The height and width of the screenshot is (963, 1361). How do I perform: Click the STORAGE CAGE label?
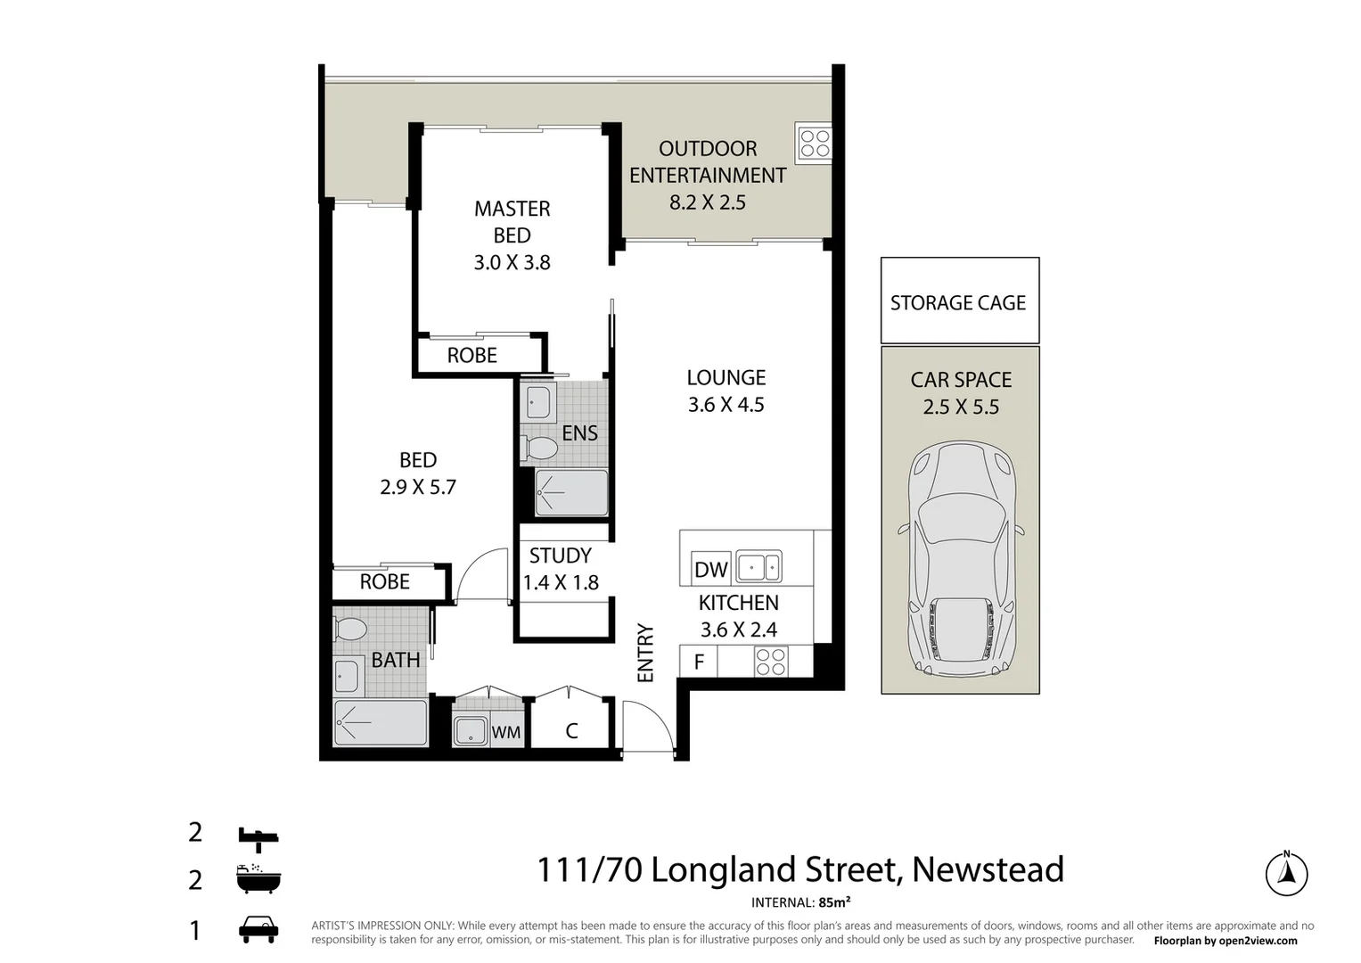pyautogui.click(x=958, y=303)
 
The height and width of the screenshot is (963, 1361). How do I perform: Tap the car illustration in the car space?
pyautogui.click(x=961, y=561)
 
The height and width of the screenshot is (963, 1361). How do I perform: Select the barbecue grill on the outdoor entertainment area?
pyautogui.click(x=814, y=144)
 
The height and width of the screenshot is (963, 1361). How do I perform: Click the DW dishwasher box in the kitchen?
pyautogui.click(x=710, y=569)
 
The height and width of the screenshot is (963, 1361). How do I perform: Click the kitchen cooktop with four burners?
pyautogui.click(x=771, y=662)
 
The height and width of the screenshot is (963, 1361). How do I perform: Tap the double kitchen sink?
pyautogui.click(x=758, y=567)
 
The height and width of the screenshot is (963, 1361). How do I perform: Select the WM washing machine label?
pyautogui.click(x=506, y=733)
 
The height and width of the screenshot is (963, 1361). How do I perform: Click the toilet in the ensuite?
pyautogui.click(x=539, y=448)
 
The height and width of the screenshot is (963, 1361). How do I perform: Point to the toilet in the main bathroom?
pyautogui.click(x=351, y=630)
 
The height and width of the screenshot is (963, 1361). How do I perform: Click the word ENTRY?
pyautogui.click(x=645, y=654)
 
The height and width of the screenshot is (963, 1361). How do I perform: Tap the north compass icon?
pyautogui.click(x=1286, y=873)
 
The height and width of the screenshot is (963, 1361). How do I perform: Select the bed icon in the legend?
pyautogui.click(x=258, y=835)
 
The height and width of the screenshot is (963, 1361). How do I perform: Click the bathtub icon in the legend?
pyautogui.click(x=258, y=880)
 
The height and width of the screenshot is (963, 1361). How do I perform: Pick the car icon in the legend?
pyautogui.click(x=258, y=929)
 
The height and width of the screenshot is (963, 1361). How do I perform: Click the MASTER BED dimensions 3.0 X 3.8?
pyautogui.click(x=512, y=263)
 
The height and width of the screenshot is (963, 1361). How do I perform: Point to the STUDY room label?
pyautogui.click(x=560, y=556)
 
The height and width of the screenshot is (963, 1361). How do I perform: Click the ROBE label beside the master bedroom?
pyautogui.click(x=471, y=356)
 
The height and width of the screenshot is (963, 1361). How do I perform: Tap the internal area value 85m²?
pyautogui.click(x=834, y=902)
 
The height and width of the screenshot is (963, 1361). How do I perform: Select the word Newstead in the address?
pyautogui.click(x=988, y=869)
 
